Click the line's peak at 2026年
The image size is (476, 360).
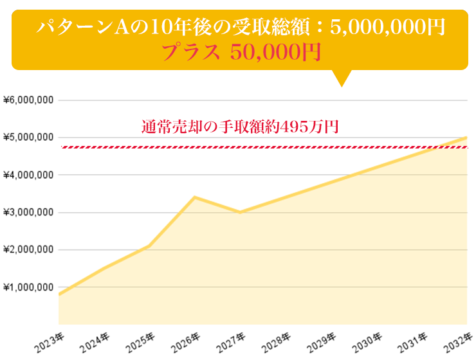click(x=195, y=197)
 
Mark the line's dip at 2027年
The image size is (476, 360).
click(x=240, y=212)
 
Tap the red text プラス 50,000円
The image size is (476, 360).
click(x=241, y=52)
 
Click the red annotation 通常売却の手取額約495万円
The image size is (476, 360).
click(x=239, y=127)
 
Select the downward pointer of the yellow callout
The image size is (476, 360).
click(x=342, y=78)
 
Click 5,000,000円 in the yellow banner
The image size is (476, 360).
click(x=387, y=27)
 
